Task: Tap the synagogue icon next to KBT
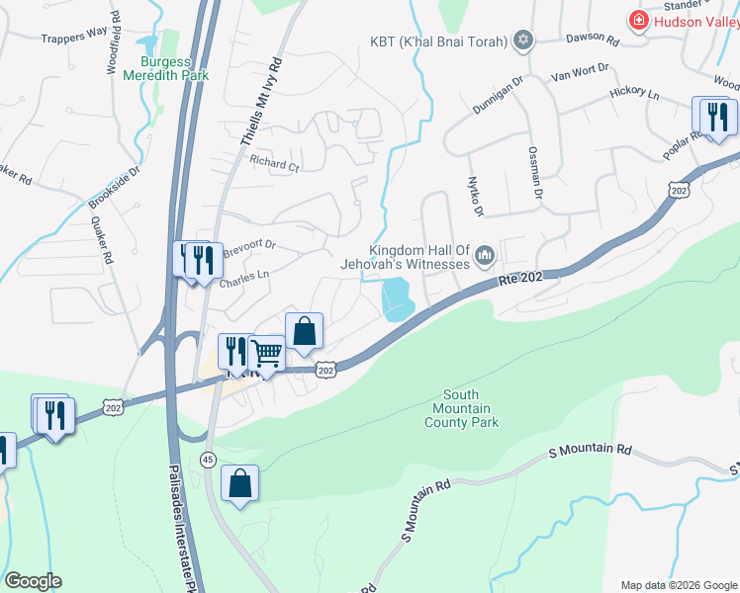(523, 41)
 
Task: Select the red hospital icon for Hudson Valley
(639, 21)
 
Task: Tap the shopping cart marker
(266, 352)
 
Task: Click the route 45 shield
(207, 460)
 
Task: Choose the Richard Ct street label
(274, 165)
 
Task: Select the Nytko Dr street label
(474, 193)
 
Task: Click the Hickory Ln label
(634, 93)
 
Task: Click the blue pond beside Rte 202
(397, 298)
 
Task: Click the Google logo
(33, 581)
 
